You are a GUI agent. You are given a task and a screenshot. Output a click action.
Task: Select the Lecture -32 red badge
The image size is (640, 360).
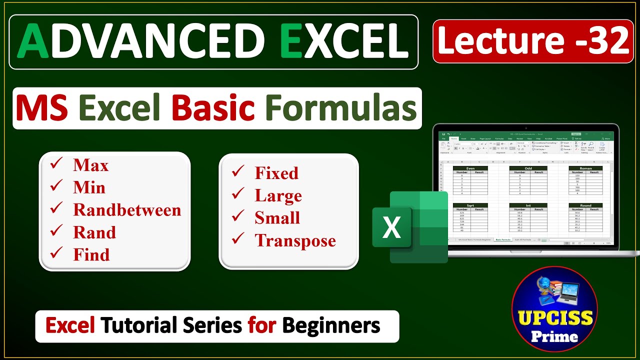pyautogui.click(x=533, y=41)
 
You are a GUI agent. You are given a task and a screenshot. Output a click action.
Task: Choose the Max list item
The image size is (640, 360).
pyautogui.click(x=90, y=165)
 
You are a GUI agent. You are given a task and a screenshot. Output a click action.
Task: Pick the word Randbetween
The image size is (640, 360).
pyautogui.click(x=127, y=210)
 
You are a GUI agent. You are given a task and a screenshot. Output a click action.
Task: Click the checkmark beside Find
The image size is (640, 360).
pyautogui.click(x=56, y=254)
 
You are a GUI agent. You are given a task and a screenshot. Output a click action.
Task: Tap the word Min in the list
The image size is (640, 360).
pyautogui.click(x=89, y=187)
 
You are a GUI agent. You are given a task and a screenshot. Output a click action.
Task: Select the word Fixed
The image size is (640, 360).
pyautogui.click(x=276, y=173)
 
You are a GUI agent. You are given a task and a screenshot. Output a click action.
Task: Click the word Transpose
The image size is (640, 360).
pyautogui.click(x=295, y=240)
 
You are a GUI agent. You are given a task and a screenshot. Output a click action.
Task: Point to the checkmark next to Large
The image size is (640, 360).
pyautogui.click(x=238, y=194)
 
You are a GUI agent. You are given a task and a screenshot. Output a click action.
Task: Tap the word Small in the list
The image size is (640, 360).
pyautogui.click(x=277, y=218)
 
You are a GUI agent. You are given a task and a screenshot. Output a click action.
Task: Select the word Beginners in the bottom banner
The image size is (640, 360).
pyautogui.click(x=331, y=326)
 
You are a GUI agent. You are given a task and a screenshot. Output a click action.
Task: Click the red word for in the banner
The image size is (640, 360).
pyautogui.click(x=262, y=326)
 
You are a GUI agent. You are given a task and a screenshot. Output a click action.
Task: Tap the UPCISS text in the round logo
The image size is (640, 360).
pyautogui.click(x=554, y=318)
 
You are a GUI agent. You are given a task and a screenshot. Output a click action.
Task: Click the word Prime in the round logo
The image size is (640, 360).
pyautogui.click(x=554, y=336)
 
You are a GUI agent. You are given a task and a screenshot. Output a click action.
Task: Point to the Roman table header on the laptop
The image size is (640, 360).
pyautogui.click(x=585, y=168)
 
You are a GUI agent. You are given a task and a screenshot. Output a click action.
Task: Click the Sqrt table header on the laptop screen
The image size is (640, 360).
pyautogui.click(x=470, y=205)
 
